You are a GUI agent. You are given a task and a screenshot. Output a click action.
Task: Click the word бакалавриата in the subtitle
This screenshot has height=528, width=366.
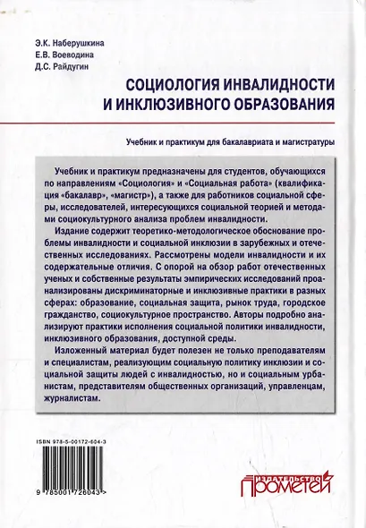click(241, 141)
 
